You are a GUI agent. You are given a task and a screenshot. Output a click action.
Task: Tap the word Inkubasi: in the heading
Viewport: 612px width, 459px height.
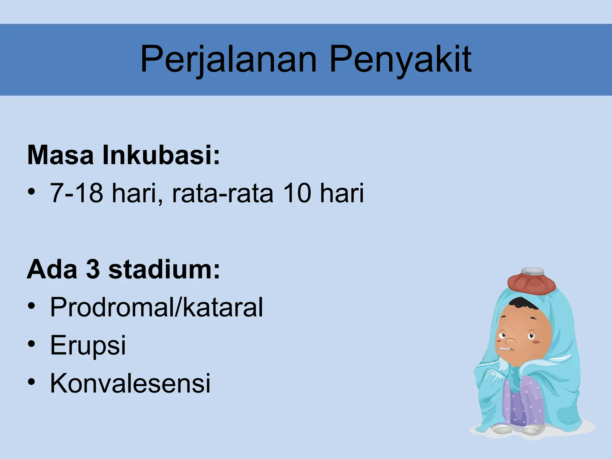[x=161, y=155]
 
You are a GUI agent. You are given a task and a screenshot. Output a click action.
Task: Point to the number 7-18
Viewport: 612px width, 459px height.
[x=76, y=193]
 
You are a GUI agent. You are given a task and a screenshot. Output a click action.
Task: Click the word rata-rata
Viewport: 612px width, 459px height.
[x=223, y=194]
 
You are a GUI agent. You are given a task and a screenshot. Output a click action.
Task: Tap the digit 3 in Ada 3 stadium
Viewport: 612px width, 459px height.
[x=93, y=270]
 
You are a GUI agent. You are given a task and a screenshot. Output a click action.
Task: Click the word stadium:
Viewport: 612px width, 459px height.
[x=164, y=270]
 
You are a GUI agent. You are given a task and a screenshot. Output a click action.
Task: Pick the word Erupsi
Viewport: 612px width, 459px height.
[x=88, y=346]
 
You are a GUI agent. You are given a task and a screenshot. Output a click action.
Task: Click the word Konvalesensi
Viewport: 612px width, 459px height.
[x=130, y=383]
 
